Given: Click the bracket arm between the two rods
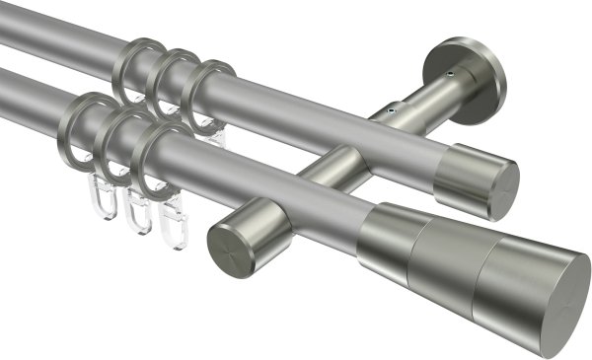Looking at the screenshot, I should click(340, 163).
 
